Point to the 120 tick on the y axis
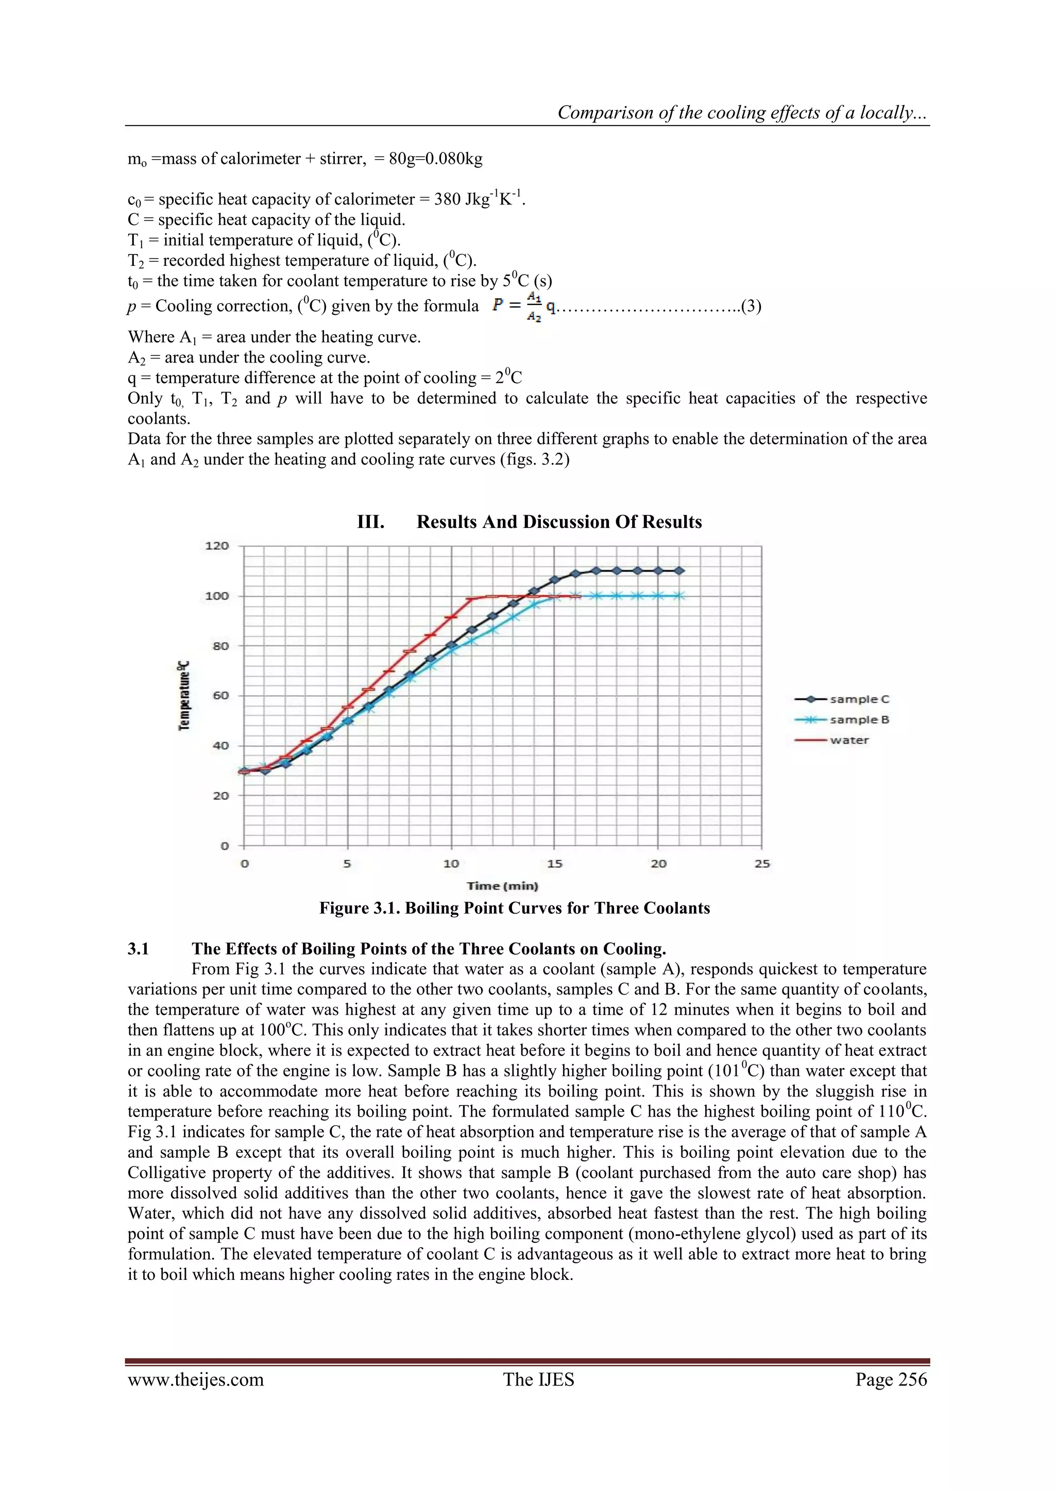coord(217,545)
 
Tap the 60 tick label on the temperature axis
coord(220,695)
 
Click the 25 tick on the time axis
coord(762,864)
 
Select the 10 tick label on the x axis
coord(451,864)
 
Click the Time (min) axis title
coord(502,886)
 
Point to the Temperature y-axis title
coord(184,695)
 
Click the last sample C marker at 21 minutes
coord(679,571)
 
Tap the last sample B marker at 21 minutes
coord(679,595)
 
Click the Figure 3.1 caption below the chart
coord(515,908)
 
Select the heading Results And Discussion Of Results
coord(559,522)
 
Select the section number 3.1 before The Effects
coord(139,949)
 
